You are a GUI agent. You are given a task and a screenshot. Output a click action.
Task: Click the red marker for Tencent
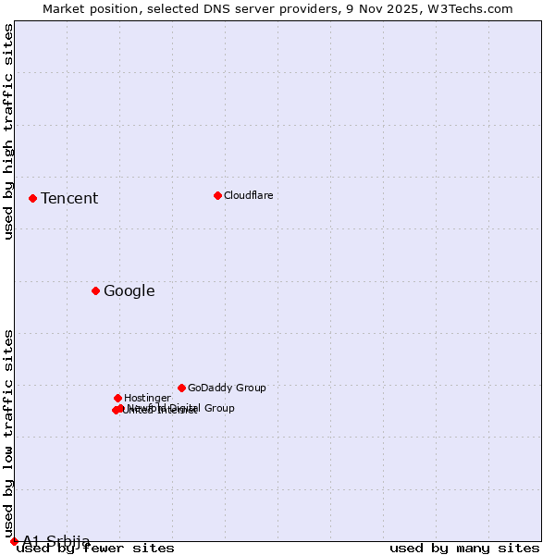click(x=32, y=198)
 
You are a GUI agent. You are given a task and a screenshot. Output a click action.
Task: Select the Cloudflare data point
click(x=217, y=195)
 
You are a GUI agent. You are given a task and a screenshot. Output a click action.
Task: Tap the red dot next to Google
click(x=95, y=290)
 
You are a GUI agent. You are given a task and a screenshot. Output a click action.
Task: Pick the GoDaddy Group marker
click(x=181, y=388)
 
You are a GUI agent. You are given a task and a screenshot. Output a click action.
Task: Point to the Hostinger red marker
click(x=117, y=398)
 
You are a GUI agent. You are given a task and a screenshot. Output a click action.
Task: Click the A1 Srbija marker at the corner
click(x=14, y=541)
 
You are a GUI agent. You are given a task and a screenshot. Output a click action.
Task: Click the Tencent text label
click(x=69, y=198)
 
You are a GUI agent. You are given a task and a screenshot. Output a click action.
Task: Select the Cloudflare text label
click(x=249, y=195)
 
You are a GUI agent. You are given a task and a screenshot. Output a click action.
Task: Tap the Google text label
click(x=129, y=290)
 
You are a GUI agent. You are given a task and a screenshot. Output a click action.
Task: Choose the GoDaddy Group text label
click(x=227, y=388)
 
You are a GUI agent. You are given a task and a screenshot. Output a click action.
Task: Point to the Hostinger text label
click(x=147, y=398)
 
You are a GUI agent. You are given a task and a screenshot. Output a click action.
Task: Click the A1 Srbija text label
click(x=56, y=541)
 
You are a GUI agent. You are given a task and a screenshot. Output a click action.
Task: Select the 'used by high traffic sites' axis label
click(x=9, y=131)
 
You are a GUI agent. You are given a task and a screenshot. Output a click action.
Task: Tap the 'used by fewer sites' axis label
click(x=96, y=548)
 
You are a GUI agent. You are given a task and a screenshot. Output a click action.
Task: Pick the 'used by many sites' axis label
click(x=464, y=548)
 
